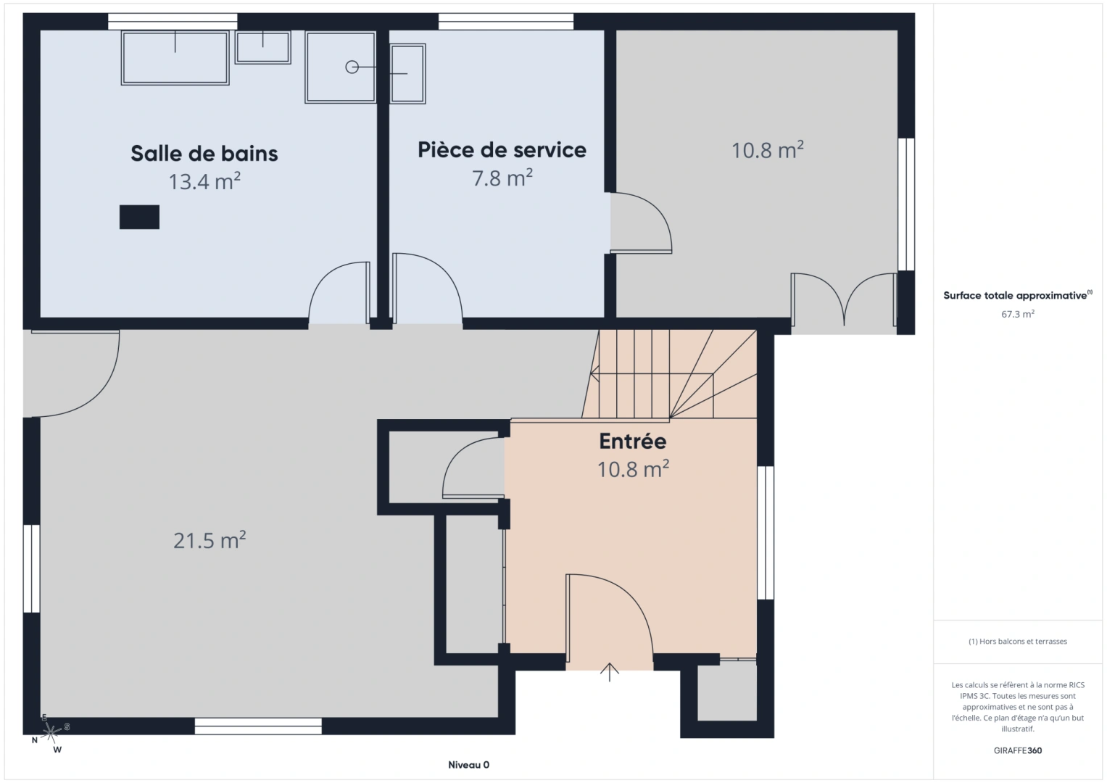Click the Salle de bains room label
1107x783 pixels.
coord(204,153)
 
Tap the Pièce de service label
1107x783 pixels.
coord(502,150)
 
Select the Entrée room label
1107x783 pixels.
coord(633,441)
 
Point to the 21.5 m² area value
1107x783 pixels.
coord(210,540)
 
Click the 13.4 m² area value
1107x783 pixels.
coord(204,181)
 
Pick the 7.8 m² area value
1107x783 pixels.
coord(502,178)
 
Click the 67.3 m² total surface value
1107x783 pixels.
coord(1018,314)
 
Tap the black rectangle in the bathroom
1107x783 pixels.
coord(139,217)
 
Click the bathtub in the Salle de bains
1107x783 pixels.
coord(175,58)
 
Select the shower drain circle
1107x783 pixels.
coord(352,67)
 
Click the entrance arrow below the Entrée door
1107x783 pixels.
coord(610,672)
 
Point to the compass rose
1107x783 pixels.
coord(51,732)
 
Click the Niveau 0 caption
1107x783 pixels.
coord(468,765)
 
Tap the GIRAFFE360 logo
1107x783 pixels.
coord(1018,750)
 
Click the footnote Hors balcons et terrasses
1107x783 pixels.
coord(1018,641)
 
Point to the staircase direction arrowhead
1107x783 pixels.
coord(594,373)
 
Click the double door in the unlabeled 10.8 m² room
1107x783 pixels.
coord(844,299)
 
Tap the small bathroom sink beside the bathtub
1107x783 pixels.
coord(262,47)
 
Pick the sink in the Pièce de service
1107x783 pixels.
coord(407,74)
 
